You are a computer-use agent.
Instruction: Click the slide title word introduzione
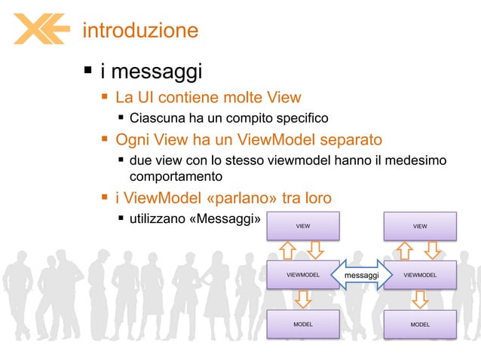click(140, 30)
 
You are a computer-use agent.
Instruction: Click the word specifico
click(296, 118)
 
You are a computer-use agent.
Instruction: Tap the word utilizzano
click(160, 219)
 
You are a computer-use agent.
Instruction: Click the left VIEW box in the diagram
click(302, 225)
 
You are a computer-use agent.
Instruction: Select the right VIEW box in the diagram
click(420, 225)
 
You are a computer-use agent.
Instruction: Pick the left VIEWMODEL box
click(302, 275)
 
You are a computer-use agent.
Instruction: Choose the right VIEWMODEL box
click(420, 275)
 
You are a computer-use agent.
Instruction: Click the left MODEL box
click(302, 325)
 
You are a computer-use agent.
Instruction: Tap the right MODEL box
click(420, 325)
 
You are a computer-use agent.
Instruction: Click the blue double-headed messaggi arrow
click(361, 276)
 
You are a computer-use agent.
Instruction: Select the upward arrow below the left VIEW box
click(288, 250)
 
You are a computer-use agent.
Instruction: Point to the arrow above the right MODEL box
click(420, 300)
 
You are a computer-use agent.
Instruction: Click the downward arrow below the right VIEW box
click(434, 250)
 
